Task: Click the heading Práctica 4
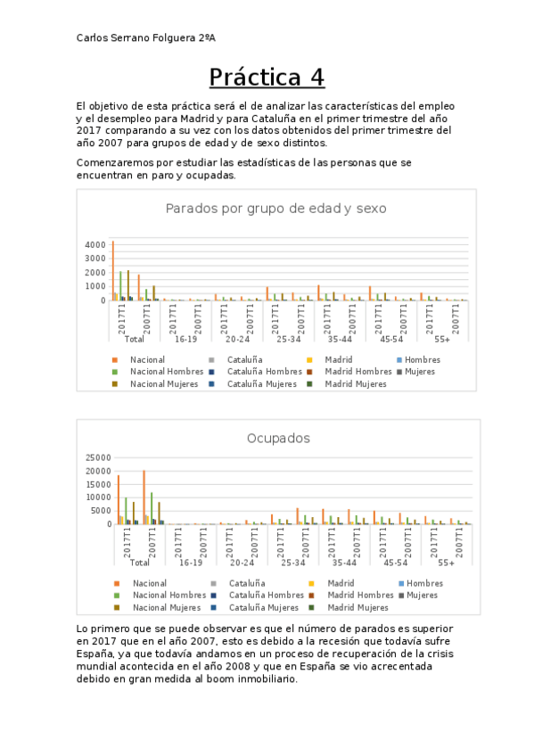click(267, 78)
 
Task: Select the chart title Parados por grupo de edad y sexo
click(275, 208)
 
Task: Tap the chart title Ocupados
click(277, 438)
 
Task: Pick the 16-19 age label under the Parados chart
click(185, 339)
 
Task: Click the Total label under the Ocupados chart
click(135, 563)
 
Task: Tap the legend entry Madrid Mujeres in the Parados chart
click(357, 383)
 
